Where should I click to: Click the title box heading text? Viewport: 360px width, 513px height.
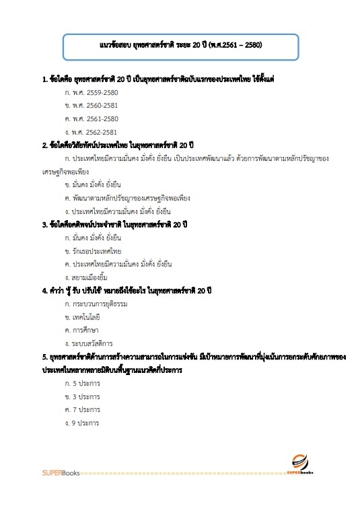click(180, 46)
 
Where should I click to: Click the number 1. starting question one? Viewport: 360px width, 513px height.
click(44, 80)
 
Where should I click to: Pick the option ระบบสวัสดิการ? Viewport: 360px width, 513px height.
click(88, 343)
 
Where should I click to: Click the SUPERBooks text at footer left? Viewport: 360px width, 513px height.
click(60, 473)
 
